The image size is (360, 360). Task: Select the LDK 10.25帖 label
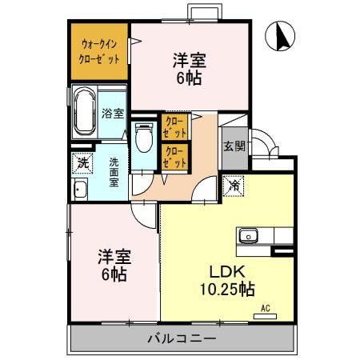coord(227,278)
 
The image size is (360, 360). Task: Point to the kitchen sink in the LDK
coord(248,236)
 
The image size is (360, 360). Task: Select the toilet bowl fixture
coord(144,139)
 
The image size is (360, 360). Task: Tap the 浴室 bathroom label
coord(113,113)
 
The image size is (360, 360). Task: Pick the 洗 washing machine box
coord(82,163)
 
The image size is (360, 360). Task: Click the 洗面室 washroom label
coord(114,170)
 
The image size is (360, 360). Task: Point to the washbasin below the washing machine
coord(80,190)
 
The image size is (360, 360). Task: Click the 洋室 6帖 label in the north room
coord(188,68)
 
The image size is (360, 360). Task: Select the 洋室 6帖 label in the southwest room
coord(114,265)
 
